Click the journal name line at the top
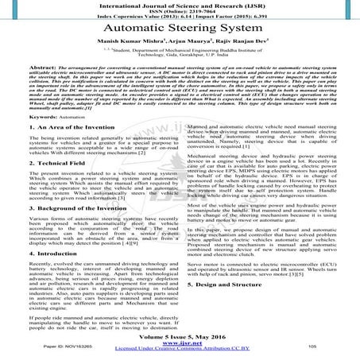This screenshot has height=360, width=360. click(180, 5)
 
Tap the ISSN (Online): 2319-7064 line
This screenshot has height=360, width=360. click(180, 12)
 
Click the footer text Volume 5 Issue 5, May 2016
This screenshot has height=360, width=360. click(180, 335)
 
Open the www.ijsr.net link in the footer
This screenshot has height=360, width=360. click(180, 343)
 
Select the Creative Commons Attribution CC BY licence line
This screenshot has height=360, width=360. click(180, 350)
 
